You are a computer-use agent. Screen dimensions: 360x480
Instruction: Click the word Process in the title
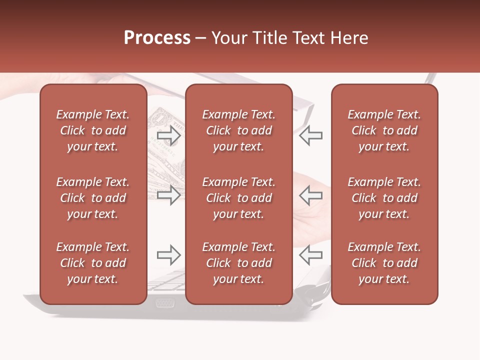[x=157, y=38]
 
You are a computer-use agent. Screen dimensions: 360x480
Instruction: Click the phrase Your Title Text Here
[x=290, y=38]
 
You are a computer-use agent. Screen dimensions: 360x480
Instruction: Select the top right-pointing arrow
[x=169, y=135]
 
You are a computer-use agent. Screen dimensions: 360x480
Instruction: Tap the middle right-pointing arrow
[x=169, y=195]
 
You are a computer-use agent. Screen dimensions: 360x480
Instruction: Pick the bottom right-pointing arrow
[x=169, y=255]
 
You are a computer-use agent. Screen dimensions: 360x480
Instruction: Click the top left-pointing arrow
[x=310, y=135]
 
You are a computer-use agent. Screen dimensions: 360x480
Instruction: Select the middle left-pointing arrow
[x=310, y=195]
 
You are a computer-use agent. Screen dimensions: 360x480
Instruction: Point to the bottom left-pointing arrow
[x=310, y=255]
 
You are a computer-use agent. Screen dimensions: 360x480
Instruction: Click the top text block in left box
[x=93, y=130]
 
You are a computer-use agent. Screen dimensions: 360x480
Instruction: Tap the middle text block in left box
[x=93, y=198]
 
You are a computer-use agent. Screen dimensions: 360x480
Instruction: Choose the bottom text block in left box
[x=93, y=263]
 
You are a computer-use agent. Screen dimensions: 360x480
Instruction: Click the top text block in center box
[x=238, y=130]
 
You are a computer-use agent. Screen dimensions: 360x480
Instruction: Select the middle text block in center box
[x=238, y=198]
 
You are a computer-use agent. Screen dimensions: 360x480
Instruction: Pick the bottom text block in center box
[x=238, y=263]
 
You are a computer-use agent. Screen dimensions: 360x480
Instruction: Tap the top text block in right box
[x=384, y=130]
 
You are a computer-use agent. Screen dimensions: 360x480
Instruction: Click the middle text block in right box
[x=384, y=198]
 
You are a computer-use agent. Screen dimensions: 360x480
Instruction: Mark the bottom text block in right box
[x=384, y=263]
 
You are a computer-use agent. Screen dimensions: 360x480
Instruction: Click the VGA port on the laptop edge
[x=164, y=302]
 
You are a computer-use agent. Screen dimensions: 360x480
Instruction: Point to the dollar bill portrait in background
[x=161, y=120]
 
